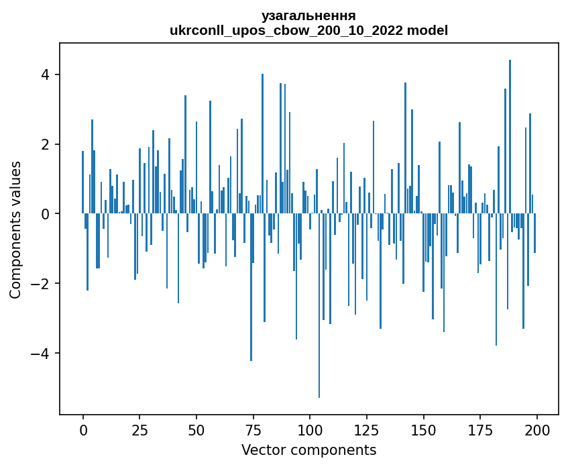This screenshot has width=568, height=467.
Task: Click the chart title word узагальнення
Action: pos(308,16)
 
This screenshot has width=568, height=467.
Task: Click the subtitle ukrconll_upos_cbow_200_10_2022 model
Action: pos(308,30)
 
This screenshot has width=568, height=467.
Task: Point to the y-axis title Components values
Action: pos(15,229)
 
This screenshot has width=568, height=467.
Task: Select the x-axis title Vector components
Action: pos(308,450)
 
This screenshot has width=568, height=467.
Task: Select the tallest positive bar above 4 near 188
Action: pos(510,134)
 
